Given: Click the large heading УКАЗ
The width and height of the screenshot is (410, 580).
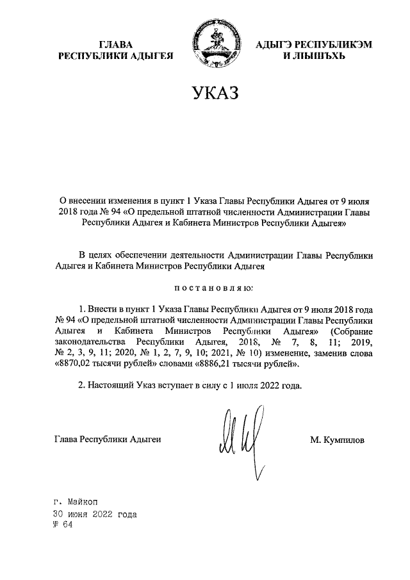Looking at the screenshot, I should pyautogui.click(x=214, y=94).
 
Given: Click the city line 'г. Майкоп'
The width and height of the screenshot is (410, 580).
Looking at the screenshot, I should pyautogui.click(x=76, y=502).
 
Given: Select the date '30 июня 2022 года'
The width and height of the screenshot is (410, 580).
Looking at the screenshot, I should pyautogui.click(x=95, y=514).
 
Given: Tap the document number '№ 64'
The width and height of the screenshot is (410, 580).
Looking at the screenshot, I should pyautogui.click(x=64, y=526).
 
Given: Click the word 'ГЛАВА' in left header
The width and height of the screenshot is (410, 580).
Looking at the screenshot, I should pyautogui.click(x=116, y=44).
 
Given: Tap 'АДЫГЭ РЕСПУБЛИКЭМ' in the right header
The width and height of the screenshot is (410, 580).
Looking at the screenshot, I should pyautogui.click(x=314, y=44).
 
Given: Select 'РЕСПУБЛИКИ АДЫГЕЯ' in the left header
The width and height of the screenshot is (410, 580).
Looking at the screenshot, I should pyautogui.click(x=116, y=56).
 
